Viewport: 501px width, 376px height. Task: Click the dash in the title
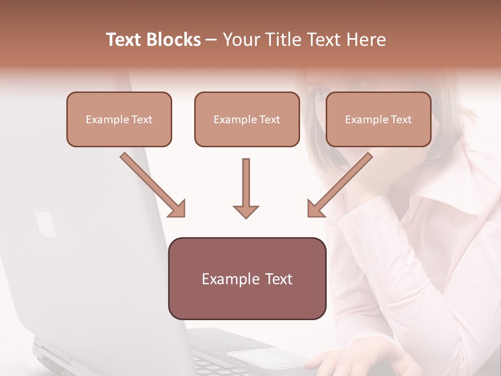[211, 40]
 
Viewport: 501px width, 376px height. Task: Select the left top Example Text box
[119, 119]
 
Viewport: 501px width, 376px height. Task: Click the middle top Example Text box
[247, 119]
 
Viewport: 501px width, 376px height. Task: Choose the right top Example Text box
[378, 119]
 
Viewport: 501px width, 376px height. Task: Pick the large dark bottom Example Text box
[247, 278]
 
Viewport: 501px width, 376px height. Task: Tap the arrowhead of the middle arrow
[246, 211]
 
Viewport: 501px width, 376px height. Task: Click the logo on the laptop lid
[45, 224]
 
